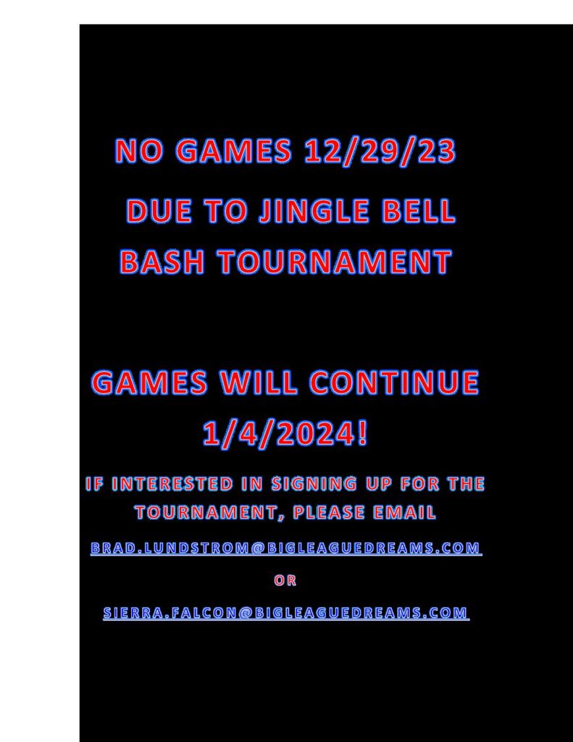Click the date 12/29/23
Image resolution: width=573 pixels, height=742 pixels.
point(380,151)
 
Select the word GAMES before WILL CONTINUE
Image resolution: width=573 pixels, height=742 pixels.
point(149,382)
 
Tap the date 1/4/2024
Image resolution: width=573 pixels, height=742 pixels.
point(285,433)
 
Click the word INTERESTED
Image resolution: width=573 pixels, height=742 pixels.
point(172,483)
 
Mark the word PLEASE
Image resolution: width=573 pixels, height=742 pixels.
point(329,512)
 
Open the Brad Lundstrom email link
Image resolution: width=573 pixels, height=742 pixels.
point(286,548)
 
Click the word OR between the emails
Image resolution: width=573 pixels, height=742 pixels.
point(285,580)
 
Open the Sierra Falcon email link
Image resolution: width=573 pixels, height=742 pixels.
point(286,613)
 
